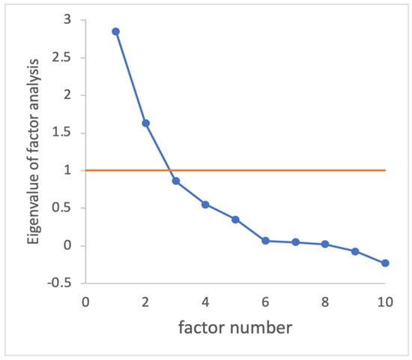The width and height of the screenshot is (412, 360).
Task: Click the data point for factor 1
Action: click(115, 31)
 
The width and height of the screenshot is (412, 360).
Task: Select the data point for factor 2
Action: click(145, 123)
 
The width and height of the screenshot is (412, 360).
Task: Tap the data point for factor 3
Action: click(175, 181)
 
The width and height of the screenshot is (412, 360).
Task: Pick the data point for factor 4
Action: click(205, 204)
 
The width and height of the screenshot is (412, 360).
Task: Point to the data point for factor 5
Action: click(235, 220)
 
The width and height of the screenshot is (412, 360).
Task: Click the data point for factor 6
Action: click(265, 241)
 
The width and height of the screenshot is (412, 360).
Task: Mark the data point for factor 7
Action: click(295, 242)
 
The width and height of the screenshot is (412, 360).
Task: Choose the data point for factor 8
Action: click(325, 244)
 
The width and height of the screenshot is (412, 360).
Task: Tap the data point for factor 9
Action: click(355, 251)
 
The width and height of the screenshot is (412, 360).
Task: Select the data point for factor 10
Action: click(385, 263)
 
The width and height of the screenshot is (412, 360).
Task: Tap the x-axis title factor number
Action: click(234, 328)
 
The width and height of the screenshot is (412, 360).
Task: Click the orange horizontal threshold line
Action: click(315, 170)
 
